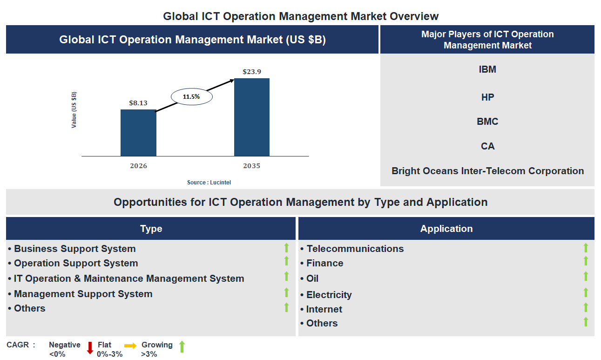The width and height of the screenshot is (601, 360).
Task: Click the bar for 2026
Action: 138,133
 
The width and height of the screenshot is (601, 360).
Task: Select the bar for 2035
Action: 251,117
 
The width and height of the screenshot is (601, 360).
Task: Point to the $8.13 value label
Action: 138,103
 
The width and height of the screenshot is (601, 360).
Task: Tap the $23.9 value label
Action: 251,72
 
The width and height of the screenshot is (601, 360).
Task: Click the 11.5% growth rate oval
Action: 191,97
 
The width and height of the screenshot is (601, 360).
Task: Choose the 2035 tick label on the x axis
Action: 251,166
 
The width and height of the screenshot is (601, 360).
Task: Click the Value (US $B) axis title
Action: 74,110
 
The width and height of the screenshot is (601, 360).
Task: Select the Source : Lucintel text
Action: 209,183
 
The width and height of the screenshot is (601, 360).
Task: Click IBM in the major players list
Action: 487,69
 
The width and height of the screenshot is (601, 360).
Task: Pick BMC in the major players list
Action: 487,122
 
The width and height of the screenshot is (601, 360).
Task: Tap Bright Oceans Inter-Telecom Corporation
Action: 487,171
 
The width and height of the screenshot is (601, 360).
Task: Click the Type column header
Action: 151,229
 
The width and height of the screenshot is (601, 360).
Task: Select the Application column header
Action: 446,229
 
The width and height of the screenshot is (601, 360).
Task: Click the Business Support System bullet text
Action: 74,249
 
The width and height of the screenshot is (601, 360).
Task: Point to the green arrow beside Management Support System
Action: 287,292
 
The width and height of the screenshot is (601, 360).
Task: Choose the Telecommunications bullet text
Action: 355,249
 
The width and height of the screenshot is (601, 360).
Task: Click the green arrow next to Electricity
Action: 586,292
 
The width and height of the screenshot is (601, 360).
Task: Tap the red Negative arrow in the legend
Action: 90,348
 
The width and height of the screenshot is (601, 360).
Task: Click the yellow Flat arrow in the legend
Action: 130,346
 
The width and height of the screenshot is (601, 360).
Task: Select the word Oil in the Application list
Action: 312,278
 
